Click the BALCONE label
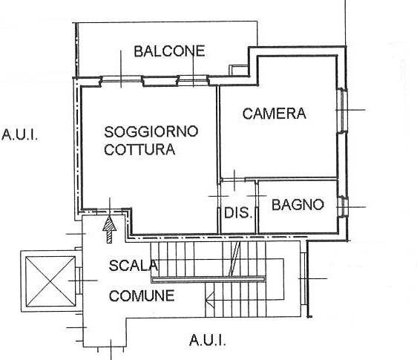[169, 51]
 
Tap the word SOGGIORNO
[151, 131]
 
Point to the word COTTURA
[139, 149]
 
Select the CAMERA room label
[275, 114]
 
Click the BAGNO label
[298, 205]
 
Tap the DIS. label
[238, 213]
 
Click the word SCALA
[134, 266]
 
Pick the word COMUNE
[142, 295]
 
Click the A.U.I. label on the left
[20, 134]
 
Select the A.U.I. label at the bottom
[208, 340]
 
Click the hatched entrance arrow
[109, 229]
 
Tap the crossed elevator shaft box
[50, 281]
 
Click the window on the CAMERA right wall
[342, 110]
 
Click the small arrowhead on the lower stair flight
[210, 296]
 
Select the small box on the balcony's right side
[239, 70]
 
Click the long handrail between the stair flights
[208, 279]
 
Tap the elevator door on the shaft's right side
[79, 281]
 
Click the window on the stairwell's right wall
[303, 278]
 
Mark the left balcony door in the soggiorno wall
[121, 79]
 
